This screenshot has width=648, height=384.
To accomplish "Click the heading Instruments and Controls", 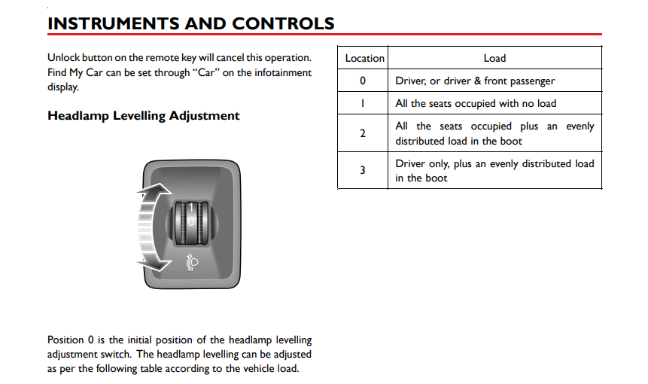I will tap(190, 23).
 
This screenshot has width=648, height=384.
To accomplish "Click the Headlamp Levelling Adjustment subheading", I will tap(143, 116).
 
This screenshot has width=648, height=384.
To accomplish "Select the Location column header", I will tap(364, 58).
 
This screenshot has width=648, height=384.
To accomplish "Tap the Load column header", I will tap(494, 58).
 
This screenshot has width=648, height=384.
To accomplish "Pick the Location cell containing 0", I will tap(363, 81).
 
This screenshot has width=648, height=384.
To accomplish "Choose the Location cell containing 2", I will tap(363, 133).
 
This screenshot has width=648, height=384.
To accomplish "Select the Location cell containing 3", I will tap(363, 170).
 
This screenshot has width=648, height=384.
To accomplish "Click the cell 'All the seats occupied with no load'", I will tap(476, 103).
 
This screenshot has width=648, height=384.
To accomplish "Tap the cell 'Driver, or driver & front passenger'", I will tap(475, 81).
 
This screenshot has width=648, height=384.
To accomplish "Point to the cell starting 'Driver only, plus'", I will tap(494, 170).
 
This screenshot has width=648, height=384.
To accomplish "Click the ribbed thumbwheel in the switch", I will tap(191, 224).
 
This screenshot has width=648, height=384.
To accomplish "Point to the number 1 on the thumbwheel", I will tap(191, 208).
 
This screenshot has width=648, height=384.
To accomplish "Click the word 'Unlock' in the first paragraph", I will tap(64, 58).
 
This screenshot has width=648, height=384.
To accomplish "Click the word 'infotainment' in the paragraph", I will tap(283, 72).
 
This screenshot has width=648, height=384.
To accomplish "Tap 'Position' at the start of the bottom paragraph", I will tap(66, 340).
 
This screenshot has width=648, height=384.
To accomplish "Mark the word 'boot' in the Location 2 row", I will tap(512, 141).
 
